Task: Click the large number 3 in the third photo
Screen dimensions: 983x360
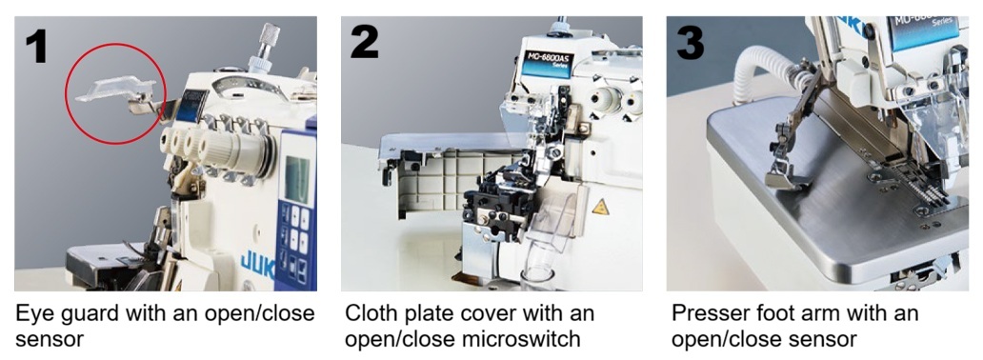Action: (x=690, y=42)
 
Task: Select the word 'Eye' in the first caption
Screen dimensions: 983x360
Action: (x=34, y=313)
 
